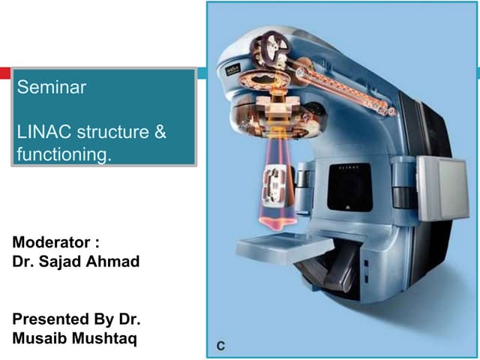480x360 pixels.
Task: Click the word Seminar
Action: coord(52,88)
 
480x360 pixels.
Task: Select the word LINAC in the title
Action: coord(42,133)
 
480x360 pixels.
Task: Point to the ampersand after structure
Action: coord(160,133)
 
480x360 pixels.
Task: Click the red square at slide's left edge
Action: coord(4,73)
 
